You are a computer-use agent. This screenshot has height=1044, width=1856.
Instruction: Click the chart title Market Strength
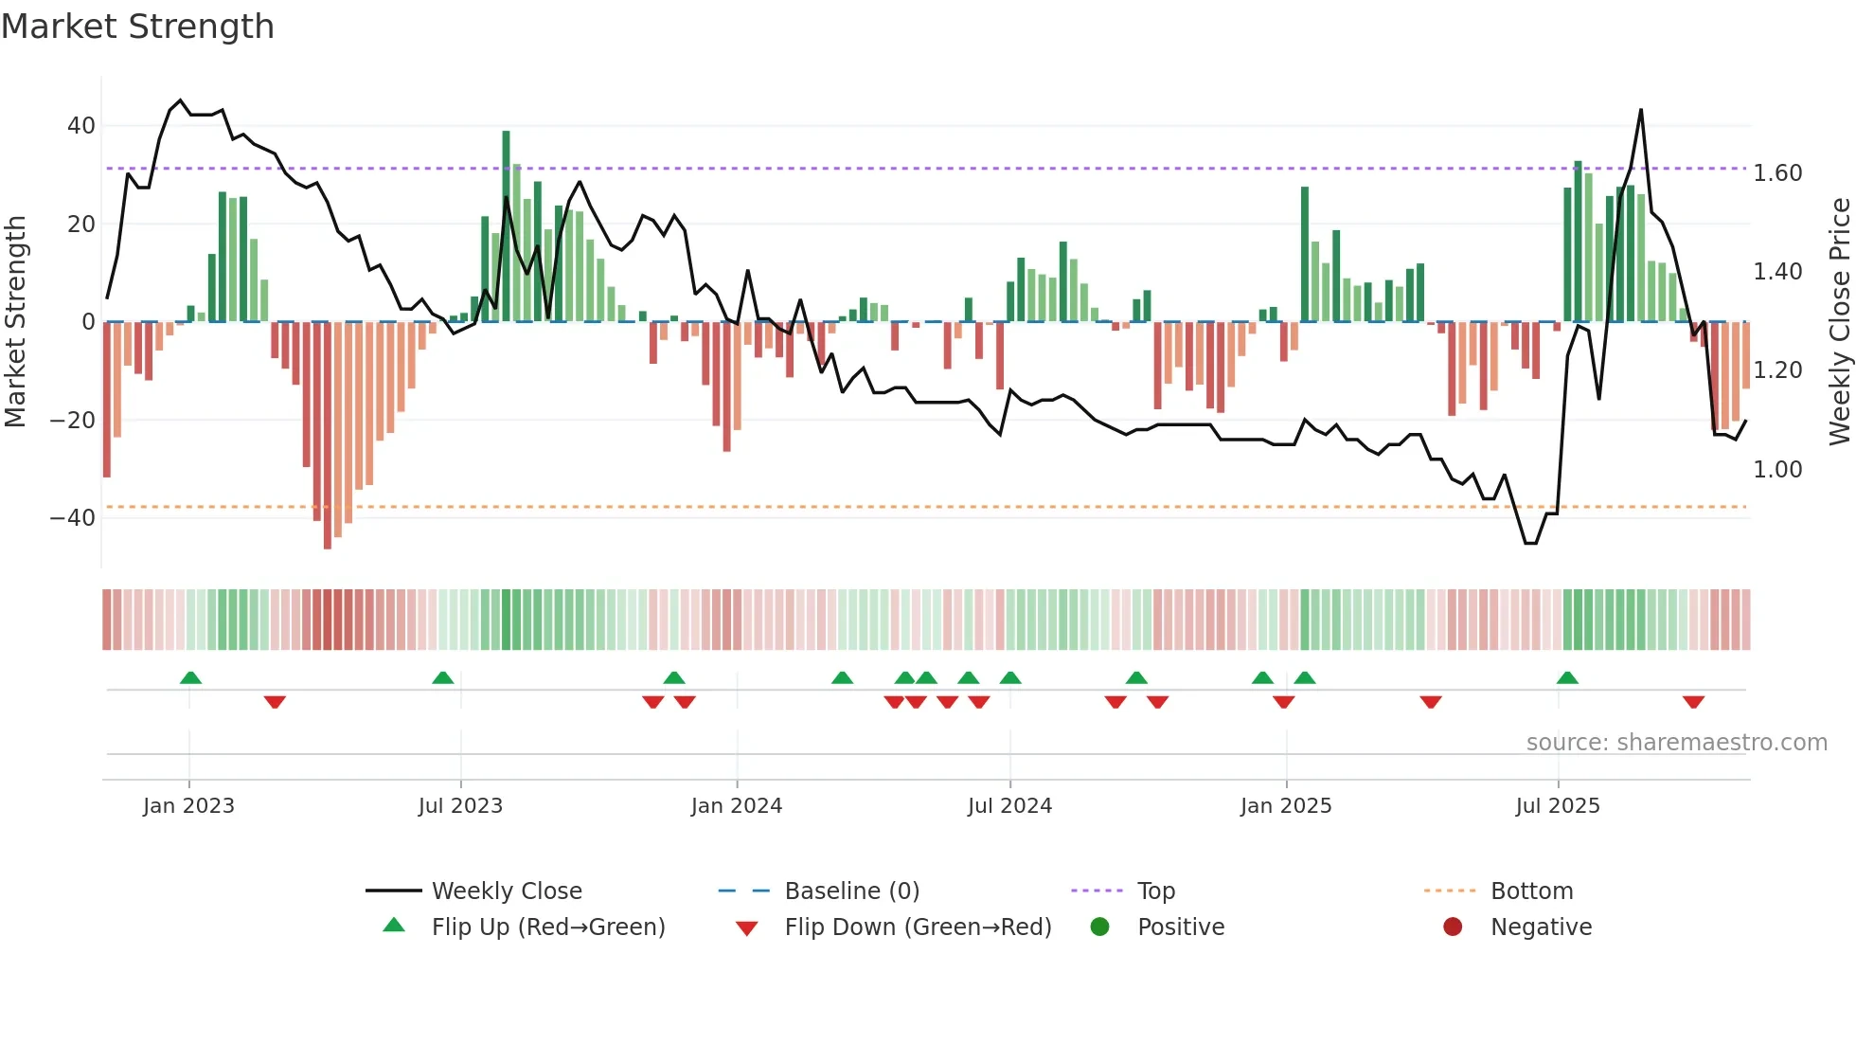pos(137,27)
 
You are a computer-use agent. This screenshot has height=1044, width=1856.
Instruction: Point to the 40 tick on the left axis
pos(81,126)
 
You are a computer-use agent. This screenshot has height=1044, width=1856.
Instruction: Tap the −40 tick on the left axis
pos(73,518)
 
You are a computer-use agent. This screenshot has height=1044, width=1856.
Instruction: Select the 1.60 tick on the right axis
pos(1777,173)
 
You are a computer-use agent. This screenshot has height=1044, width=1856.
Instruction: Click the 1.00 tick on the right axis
pos(1777,470)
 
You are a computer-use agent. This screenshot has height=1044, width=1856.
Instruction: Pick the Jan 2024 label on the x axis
pos(736,806)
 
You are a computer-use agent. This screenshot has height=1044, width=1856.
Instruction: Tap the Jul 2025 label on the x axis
pos(1557,806)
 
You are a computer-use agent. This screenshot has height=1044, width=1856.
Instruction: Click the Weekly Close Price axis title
pos(1839,321)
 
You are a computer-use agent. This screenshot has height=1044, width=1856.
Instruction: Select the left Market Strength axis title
pos(15,321)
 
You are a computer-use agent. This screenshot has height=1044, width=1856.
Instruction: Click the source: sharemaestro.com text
pos(1676,743)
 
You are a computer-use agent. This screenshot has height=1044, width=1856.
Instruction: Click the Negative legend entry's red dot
pos(1452,927)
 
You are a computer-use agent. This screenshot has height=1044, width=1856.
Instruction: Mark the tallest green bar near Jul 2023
pos(506,227)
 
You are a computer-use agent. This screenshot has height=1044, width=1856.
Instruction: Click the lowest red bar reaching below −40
pos(328,436)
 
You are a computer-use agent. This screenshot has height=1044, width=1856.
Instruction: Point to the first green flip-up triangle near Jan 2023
pos(190,677)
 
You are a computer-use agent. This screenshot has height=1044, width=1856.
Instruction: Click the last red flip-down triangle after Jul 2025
pos(1693,702)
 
